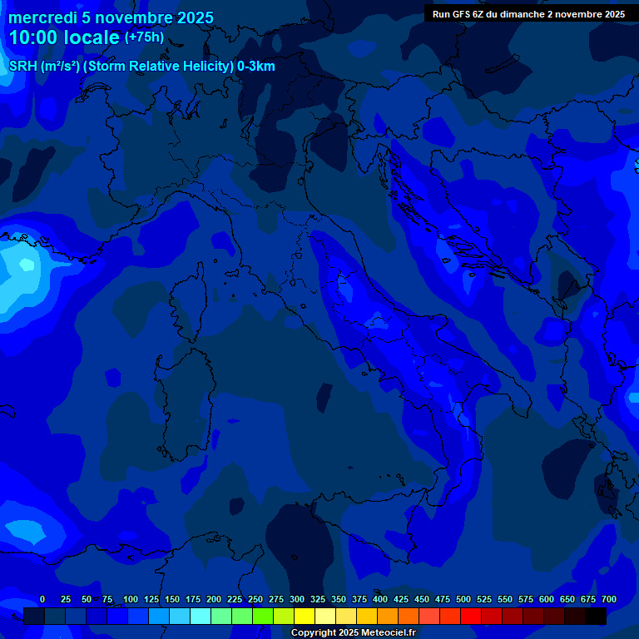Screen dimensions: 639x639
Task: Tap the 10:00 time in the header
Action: (33, 38)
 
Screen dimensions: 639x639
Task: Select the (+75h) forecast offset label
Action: (144, 37)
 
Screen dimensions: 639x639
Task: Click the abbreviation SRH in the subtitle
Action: (23, 67)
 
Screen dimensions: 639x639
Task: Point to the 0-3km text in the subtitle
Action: (256, 67)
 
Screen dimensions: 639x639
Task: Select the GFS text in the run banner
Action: (462, 14)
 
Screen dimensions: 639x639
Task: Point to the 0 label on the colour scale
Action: (42, 599)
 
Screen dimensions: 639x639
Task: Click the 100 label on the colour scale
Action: (131, 599)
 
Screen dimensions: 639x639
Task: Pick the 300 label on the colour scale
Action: (297, 599)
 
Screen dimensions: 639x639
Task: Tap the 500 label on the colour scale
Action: (463, 599)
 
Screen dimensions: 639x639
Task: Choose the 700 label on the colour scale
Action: (608, 599)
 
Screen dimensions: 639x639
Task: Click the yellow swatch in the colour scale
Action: (305, 617)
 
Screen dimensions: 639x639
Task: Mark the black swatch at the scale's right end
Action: (596, 617)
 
